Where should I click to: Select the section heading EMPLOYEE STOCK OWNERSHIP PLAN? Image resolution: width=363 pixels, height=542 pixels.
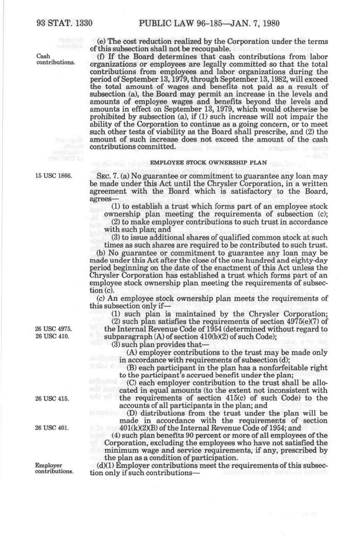pos(209,162)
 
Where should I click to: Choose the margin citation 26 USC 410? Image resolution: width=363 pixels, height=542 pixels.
pos(52,337)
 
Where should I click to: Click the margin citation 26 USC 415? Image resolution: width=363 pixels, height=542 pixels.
pos(52,399)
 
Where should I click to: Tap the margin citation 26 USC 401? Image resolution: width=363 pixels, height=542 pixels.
pos(52,428)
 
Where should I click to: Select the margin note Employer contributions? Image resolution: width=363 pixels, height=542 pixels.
pos(54,468)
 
